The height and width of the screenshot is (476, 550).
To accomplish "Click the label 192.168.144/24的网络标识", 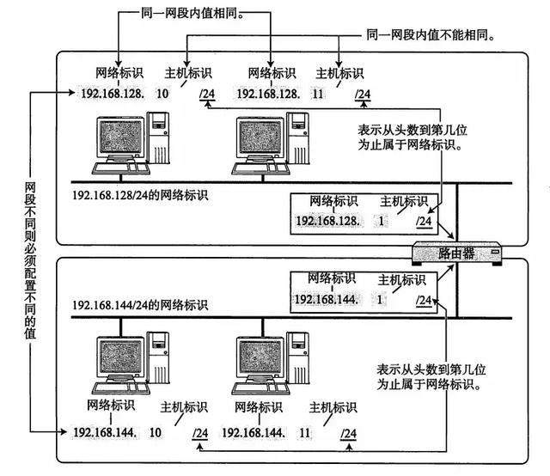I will click(x=140, y=306).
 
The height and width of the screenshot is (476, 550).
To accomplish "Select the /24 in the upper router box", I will click(x=424, y=222).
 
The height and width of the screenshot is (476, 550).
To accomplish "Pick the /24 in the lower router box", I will click(x=424, y=300).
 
